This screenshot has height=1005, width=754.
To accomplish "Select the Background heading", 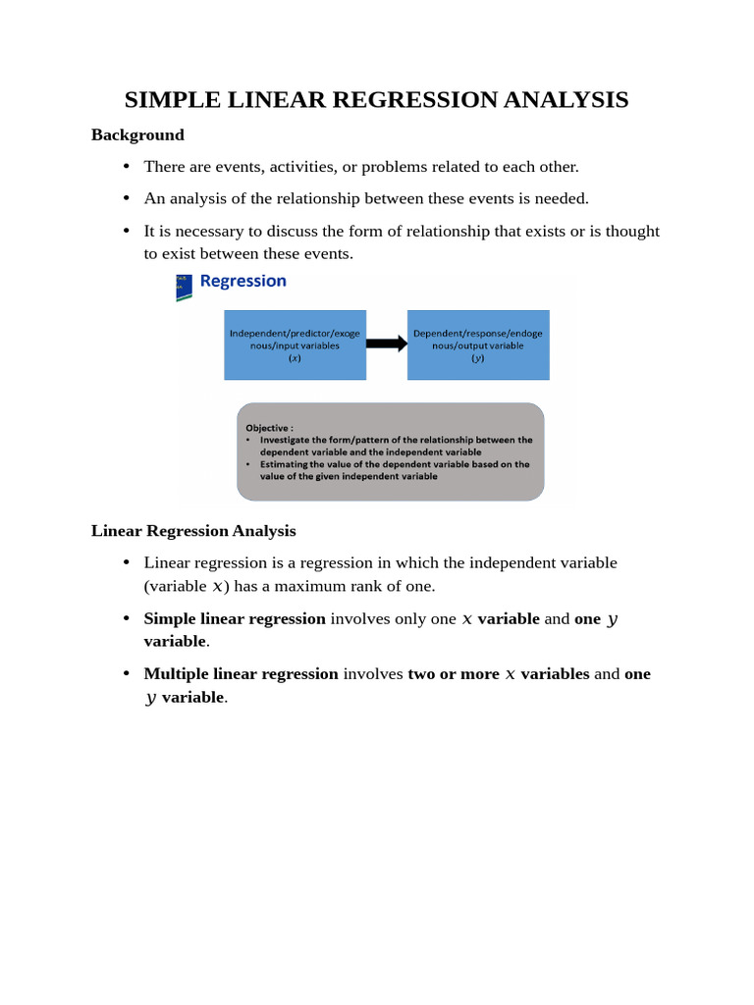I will [x=137, y=134].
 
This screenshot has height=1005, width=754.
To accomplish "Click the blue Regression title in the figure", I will [x=242, y=281].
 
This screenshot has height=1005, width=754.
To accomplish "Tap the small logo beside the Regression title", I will [x=184, y=287].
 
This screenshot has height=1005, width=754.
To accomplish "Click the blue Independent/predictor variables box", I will [x=295, y=344].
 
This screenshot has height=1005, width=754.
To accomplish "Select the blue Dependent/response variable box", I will [x=478, y=344].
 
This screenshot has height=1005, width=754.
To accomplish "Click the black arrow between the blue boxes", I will [x=387, y=344].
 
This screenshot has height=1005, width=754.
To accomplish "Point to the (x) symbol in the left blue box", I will [x=295, y=359].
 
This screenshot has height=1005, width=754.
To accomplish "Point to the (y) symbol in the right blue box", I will [x=478, y=359].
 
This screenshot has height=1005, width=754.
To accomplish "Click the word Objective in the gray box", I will [x=267, y=428].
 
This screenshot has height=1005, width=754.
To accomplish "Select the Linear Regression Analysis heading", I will [x=193, y=531].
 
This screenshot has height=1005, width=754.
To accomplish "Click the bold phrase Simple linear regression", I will [x=235, y=618].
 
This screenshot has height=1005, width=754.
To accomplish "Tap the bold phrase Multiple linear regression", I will [x=241, y=673].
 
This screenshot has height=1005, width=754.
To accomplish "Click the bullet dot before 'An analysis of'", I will [x=127, y=198].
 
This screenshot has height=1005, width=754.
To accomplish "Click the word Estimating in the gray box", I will [x=283, y=464].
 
